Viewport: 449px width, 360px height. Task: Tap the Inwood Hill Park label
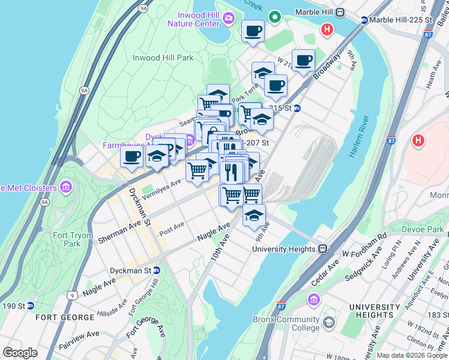163,58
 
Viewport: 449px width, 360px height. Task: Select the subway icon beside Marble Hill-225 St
364,20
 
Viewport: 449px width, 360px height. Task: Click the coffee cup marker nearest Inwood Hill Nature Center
253,31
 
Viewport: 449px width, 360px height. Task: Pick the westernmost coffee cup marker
132,157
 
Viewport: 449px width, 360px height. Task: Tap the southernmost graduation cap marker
254,215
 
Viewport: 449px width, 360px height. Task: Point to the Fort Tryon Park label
67,239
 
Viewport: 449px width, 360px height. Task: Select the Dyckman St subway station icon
157,271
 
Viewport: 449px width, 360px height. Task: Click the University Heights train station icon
322,249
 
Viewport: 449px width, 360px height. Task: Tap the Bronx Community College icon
328,324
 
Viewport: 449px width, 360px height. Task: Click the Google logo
20,353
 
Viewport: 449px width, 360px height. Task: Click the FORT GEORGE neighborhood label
59,317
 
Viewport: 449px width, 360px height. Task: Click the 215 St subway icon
297,108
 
